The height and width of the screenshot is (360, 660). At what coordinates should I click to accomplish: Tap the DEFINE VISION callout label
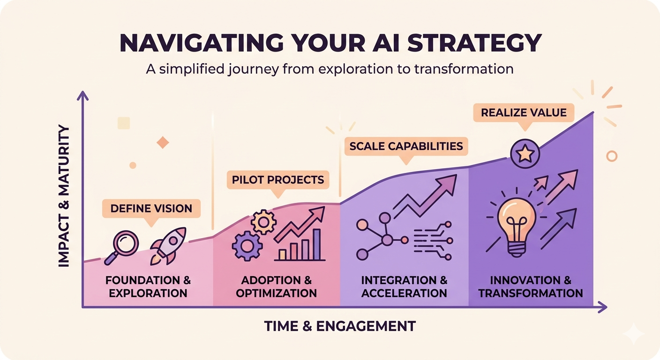pyautogui.click(x=151, y=208)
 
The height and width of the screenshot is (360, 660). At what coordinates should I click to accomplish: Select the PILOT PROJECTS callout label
pyautogui.click(x=277, y=180)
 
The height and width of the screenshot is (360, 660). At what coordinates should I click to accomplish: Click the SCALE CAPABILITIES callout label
pyautogui.click(x=406, y=146)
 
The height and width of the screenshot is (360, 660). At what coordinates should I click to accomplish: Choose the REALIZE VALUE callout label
pyautogui.click(x=523, y=112)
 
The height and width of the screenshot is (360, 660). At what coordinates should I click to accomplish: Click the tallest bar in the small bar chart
pyautogui.click(x=317, y=244)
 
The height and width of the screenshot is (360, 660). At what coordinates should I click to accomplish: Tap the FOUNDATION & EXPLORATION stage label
pyautogui.click(x=148, y=287)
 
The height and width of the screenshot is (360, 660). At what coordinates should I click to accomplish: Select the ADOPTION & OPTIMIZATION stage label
pyautogui.click(x=276, y=287)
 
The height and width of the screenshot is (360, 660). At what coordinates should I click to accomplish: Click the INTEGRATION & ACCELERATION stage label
pyautogui.click(x=404, y=287)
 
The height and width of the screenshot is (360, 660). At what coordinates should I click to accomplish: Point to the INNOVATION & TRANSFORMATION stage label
pyautogui.click(x=531, y=287)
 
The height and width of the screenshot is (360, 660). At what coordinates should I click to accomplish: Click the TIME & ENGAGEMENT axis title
pyautogui.click(x=340, y=326)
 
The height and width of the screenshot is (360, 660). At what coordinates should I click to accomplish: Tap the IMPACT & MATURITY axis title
pyautogui.click(x=64, y=196)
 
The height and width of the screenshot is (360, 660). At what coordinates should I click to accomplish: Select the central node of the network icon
pyautogui.click(x=387, y=240)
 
